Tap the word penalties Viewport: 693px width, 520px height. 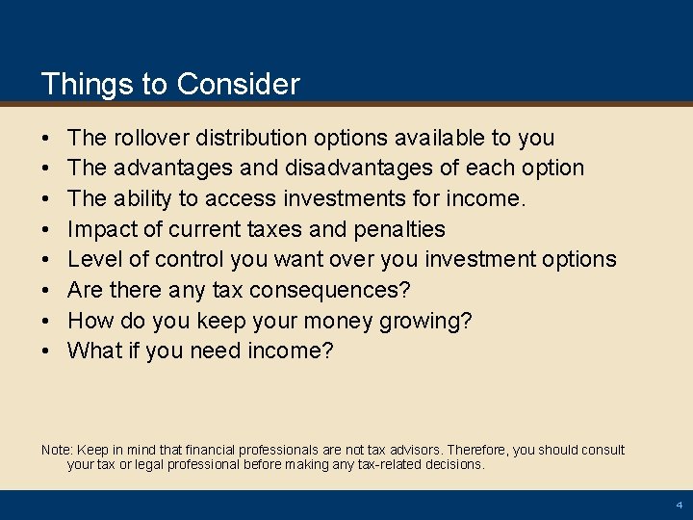(398, 229)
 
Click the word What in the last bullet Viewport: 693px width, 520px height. (94, 351)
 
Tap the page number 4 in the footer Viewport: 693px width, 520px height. (679, 505)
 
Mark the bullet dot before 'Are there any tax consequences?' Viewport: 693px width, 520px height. (46, 290)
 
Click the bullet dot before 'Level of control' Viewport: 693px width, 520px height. (46, 259)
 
